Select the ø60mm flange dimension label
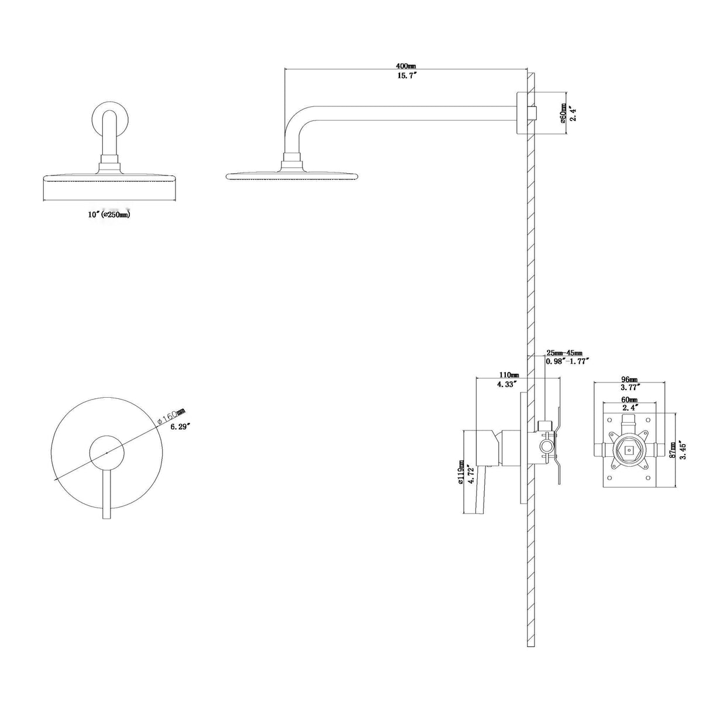point(563,113)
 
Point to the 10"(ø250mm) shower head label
point(109,215)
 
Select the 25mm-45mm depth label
point(564,353)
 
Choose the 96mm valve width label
point(629,379)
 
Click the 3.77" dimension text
point(629,387)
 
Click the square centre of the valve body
point(629,450)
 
